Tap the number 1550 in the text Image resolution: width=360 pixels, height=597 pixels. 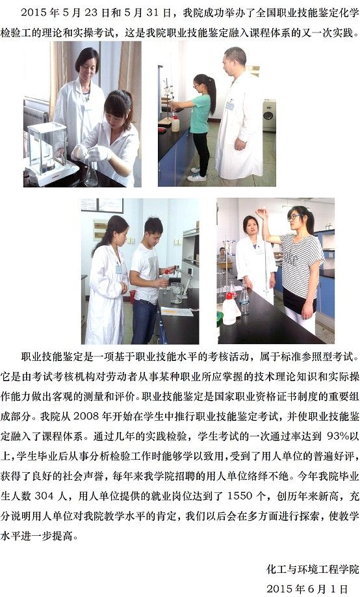tap(239, 496)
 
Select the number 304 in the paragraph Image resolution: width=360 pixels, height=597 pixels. tap(44, 496)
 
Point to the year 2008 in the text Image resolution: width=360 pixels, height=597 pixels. tap(86, 416)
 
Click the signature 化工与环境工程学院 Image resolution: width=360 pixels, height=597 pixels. tap(313, 569)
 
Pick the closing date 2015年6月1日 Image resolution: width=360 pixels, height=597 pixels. tap(307, 589)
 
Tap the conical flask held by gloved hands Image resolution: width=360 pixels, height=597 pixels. tap(92, 173)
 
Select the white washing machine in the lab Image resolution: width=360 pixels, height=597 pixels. tap(269, 115)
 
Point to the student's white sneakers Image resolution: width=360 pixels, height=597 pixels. tap(198, 174)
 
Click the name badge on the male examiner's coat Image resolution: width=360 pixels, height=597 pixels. tap(229, 105)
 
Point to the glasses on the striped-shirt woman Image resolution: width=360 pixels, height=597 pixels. tap(294, 217)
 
